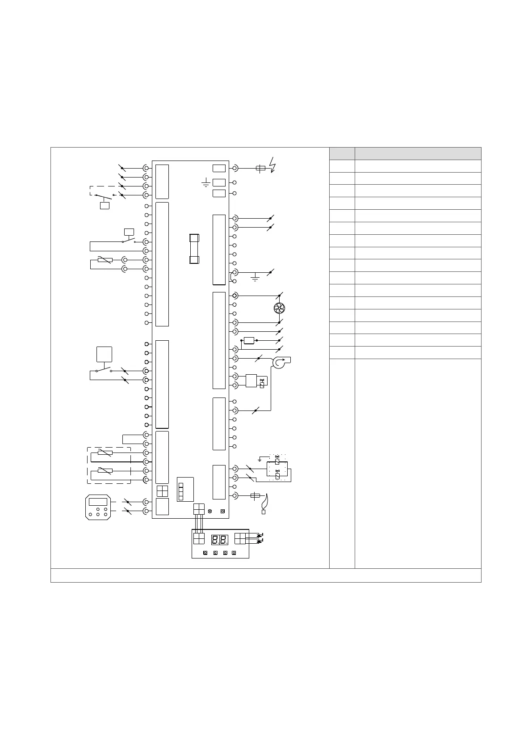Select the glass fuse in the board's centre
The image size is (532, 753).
click(194, 249)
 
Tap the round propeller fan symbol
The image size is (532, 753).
click(279, 308)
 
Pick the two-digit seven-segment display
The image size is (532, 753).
click(219, 539)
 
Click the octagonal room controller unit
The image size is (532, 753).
click(98, 508)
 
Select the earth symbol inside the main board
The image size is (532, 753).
click(206, 182)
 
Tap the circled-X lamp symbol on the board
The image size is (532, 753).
click(210, 511)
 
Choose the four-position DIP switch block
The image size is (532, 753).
click(181, 491)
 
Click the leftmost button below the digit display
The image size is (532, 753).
click(205, 553)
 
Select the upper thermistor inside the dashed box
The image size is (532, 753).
click(105, 453)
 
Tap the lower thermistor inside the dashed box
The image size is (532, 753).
click(105, 470)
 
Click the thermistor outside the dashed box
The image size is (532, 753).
click(105, 260)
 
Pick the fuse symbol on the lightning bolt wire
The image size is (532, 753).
click(260, 169)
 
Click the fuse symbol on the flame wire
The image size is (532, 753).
click(255, 495)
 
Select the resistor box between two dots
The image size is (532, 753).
click(249, 341)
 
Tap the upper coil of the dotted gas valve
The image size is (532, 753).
click(277, 461)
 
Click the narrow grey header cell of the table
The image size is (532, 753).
click(342, 153)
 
